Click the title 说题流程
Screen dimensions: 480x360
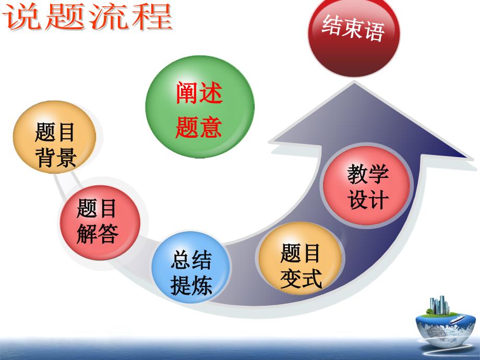pyautogui.click(x=87, y=17)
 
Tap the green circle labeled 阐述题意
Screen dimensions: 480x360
pyautogui.click(x=200, y=106)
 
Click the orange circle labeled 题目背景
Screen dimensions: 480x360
pyautogui.click(x=54, y=137)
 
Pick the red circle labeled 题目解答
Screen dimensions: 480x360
pyautogui.click(x=100, y=223)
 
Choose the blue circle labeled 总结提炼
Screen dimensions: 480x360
pyautogui.click(x=190, y=267)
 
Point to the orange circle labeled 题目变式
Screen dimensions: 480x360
pyautogui.click(x=301, y=259)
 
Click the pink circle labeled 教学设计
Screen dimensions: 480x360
pyautogui.click(x=366, y=186)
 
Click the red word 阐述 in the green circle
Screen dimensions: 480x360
pyautogui.click(x=199, y=92)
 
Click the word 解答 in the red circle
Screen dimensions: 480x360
pyautogui.click(x=98, y=234)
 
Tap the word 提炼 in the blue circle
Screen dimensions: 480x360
pyautogui.click(x=191, y=285)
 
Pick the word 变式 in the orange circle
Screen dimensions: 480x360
pyautogui.click(x=301, y=278)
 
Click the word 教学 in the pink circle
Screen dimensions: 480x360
pyautogui.click(x=368, y=174)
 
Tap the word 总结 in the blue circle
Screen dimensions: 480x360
pyautogui.click(x=191, y=260)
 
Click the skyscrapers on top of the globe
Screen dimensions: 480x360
pyautogui.click(x=439, y=305)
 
